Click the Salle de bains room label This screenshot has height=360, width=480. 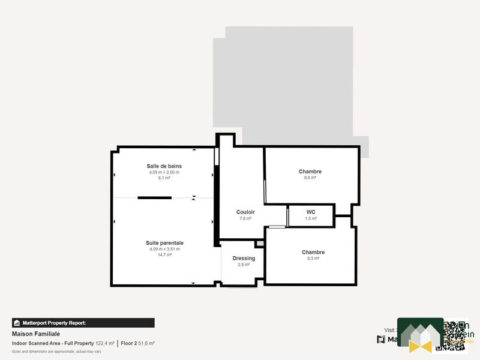click(164, 166)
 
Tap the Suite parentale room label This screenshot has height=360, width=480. click(164, 243)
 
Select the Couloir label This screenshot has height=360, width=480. click(245, 212)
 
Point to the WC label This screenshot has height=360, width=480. click(311, 212)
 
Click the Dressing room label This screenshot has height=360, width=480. click(244, 258)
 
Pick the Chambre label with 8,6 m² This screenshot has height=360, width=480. click(310, 172)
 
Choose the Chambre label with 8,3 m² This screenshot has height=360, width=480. click(313, 253)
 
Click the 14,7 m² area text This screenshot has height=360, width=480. click(164, 255)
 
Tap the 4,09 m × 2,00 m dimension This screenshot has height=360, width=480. click(164, 172)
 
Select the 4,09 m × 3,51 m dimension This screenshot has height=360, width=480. click(164, 249)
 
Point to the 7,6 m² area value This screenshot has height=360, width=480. click(245, 218)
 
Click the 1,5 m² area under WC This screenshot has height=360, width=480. click(311, 218)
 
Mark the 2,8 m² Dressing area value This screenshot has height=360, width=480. click(244, 265)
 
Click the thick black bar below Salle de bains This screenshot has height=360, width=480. click(155, 197)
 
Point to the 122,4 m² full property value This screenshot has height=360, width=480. click(104, 343)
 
